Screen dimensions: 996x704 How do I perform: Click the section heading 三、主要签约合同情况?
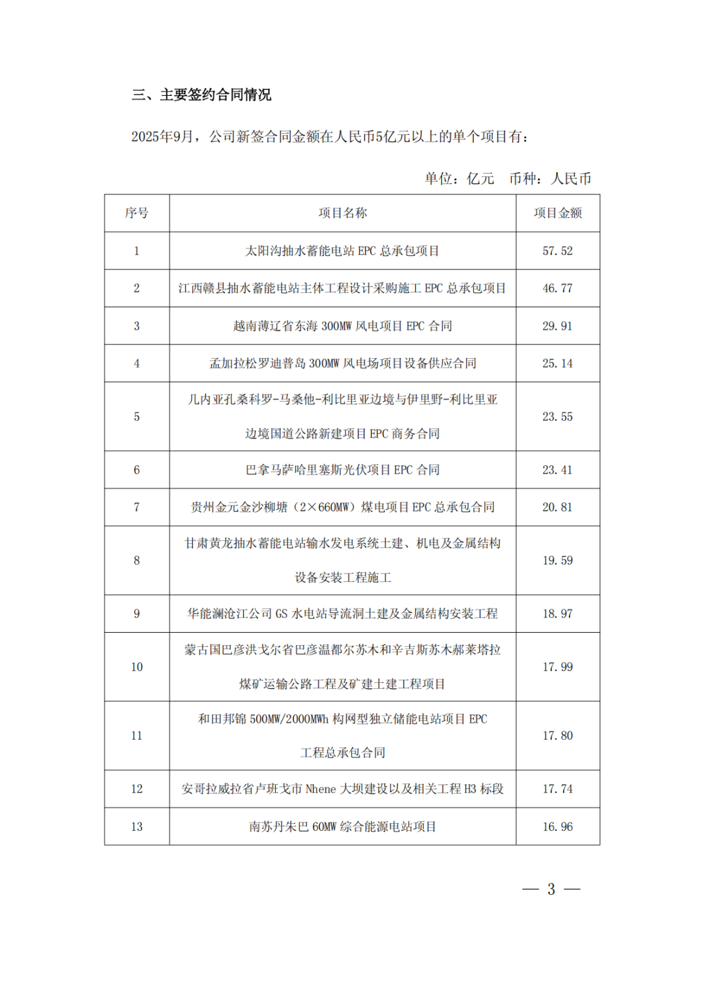201,95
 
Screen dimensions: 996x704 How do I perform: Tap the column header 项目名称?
342,213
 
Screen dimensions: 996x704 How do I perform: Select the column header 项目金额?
557,213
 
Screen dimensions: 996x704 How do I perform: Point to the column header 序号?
137,213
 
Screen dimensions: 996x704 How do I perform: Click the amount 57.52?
557,251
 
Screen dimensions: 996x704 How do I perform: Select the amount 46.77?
557,288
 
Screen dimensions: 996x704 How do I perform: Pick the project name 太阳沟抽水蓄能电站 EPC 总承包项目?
342,251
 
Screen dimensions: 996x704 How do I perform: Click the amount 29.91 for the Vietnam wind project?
557,326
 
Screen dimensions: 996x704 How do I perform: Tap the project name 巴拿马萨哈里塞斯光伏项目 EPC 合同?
342,470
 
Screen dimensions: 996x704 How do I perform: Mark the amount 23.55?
557,417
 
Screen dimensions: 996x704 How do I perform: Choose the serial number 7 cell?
137,507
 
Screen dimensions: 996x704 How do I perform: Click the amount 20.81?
557,507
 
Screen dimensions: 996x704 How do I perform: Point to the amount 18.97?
557,614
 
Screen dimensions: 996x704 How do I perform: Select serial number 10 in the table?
137,667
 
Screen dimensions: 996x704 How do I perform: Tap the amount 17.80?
557,736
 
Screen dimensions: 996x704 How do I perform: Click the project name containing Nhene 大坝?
342,789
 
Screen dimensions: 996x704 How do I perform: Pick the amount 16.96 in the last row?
557,827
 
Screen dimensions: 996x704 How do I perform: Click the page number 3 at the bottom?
551,890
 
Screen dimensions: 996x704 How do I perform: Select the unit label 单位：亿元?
460,179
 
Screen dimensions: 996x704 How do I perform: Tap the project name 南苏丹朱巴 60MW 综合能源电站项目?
342,827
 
